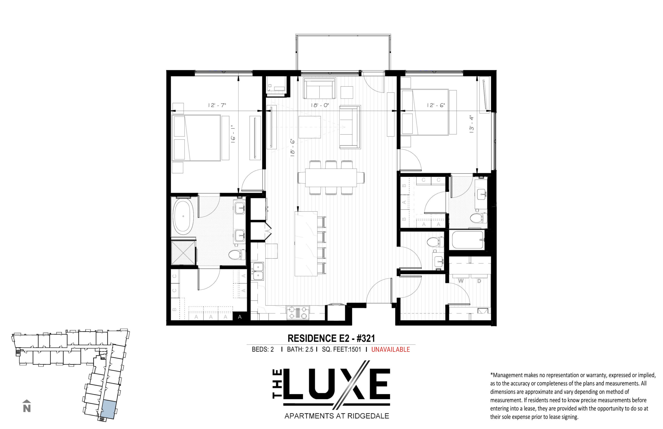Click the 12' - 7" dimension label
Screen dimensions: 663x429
tap(217, 105)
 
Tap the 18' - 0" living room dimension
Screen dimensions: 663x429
tap(320, 105)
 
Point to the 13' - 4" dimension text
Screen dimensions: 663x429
tap(471, 124)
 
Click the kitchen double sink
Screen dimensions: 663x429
tap(258, 271)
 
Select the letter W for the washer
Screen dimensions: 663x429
tap(461, 281)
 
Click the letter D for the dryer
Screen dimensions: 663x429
tap(479, 281)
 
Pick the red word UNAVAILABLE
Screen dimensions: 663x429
tap(390, 349)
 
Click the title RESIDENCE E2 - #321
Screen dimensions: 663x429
tap(331, 339)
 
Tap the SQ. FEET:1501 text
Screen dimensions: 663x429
tap(341, 349)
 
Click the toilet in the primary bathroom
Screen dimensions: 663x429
tap(237, 255)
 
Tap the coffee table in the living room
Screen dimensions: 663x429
tap(309, 127)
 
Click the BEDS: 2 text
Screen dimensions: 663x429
tap(263, 349)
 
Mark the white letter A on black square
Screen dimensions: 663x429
tap(240, 317)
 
